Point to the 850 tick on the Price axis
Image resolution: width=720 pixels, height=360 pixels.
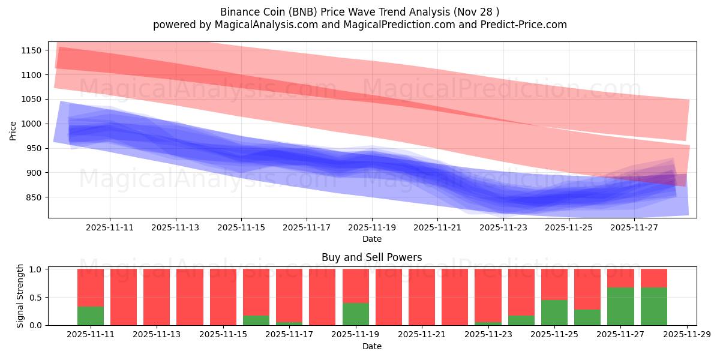click(33, 197)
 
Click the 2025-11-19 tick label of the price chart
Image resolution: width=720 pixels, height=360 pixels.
click(372, 228)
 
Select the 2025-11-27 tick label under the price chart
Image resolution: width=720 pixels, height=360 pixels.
click(634, 228)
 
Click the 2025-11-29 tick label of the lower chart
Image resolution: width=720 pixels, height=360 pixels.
click(686, 335)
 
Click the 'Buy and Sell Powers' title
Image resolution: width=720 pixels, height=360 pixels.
click(371, 257)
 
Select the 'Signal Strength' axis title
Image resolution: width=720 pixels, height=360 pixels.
click(20, 296)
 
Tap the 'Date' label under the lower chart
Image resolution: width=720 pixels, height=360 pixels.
click(371, 346)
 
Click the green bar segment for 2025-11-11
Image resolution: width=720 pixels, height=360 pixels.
click(91, 316)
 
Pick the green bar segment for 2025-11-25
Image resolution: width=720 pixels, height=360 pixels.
click(554, 313)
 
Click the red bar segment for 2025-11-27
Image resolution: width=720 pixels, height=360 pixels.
click(620, 278)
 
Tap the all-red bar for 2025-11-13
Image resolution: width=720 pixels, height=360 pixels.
click(157, 297)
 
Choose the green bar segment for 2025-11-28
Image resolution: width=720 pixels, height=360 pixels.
click(653, 306)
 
